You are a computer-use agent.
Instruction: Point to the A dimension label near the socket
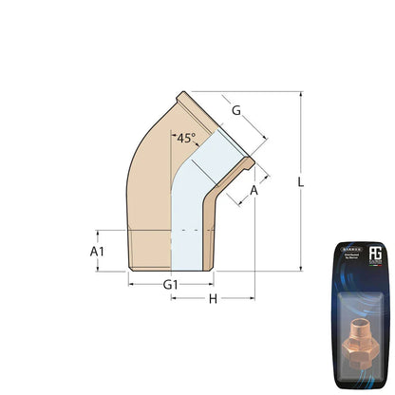[x=254, y=191]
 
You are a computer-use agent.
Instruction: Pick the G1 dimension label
[x=171, y=285]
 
